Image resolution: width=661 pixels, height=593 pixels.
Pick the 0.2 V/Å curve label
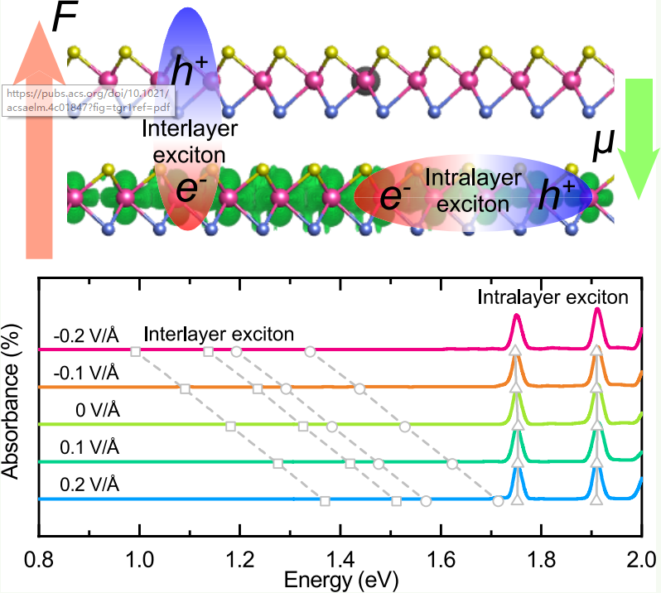tap(91, 484)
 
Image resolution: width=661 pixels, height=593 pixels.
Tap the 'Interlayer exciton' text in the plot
tap(219, 335)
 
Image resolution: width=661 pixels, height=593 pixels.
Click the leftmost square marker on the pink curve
tap(136, 352)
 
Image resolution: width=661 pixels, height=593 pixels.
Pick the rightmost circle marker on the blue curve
tap(498, 501)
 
